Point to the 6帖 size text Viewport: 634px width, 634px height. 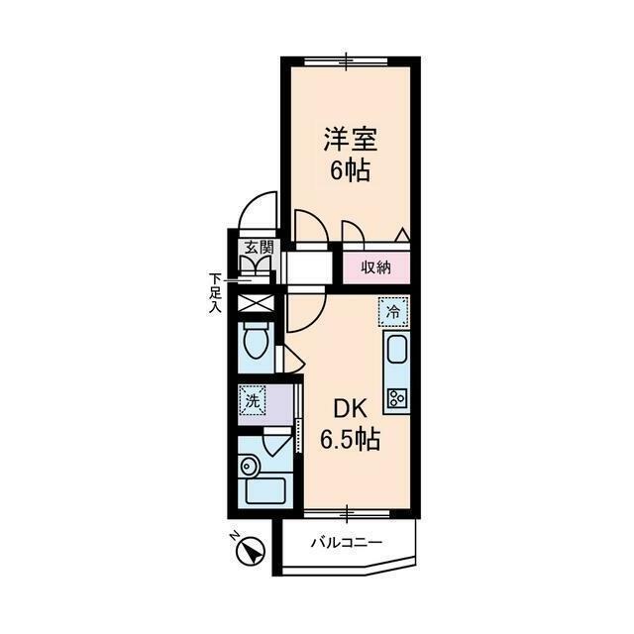point(349,170)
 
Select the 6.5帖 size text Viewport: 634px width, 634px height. point(350,439)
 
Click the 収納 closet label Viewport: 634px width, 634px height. point(374,266)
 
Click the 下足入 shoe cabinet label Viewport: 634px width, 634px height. point(214,292)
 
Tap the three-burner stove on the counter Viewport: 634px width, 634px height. point(396,398)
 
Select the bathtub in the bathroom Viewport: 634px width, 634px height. point(263,489)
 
